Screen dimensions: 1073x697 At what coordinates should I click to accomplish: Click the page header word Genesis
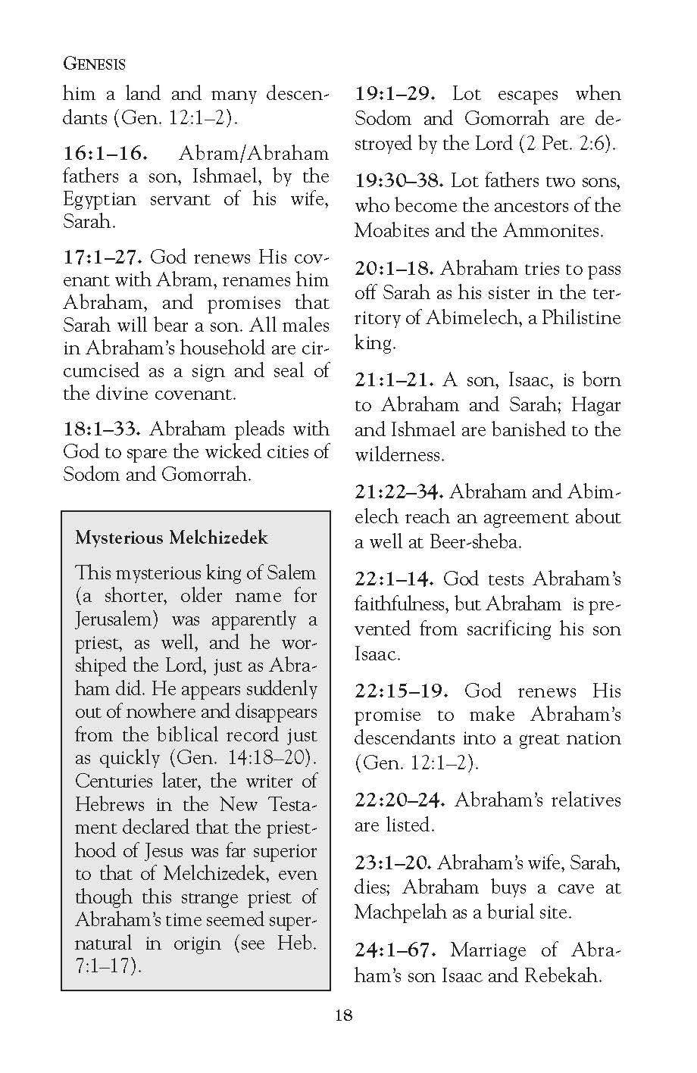click(94, 63)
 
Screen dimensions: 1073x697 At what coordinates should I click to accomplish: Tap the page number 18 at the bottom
click(343, 1015)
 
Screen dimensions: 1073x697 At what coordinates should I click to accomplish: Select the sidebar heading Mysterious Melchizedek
click(171, 538)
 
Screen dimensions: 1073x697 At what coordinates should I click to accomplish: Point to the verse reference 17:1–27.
click(103, 257)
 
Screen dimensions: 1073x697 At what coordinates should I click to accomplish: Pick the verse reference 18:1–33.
click(103, 429)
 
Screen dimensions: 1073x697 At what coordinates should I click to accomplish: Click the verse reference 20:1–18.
click(395, 269)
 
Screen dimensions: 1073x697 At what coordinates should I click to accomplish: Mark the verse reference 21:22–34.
click(399, 492)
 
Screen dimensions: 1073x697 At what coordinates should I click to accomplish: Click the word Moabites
click(394, 231)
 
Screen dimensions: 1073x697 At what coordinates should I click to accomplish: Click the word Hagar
click(595, 405)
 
